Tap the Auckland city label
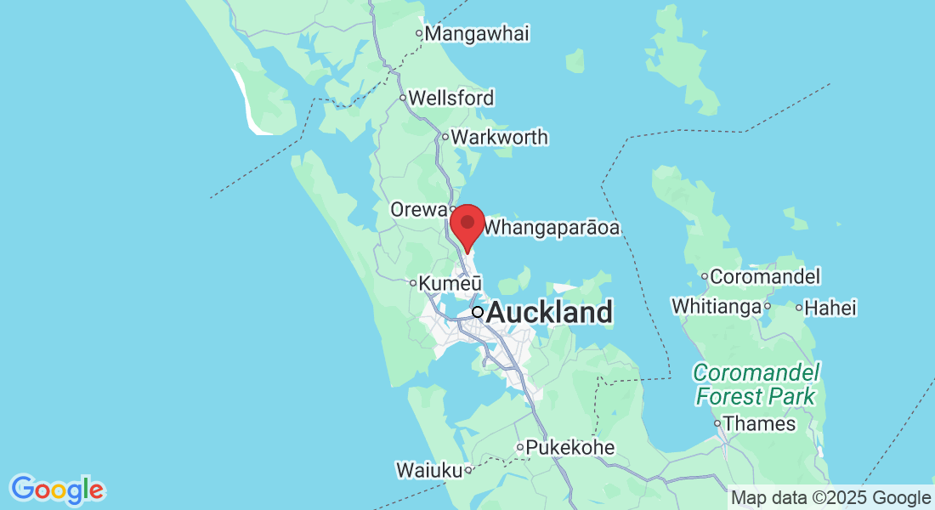point(549,313)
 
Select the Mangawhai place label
point(477,34)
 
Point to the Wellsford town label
point(450,98)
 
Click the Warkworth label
point(499,137)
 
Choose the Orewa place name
point(418,209)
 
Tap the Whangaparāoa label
point(551,229)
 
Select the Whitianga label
point(716,306)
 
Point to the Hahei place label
point(831,308)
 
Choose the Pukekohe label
point(569,447)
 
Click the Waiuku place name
point(428,469)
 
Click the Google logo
point(57,490)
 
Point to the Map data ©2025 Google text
point(830,498)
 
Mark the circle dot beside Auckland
point(478,312)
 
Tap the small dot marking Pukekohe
point(520,447)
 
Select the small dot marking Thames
point(717,423)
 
